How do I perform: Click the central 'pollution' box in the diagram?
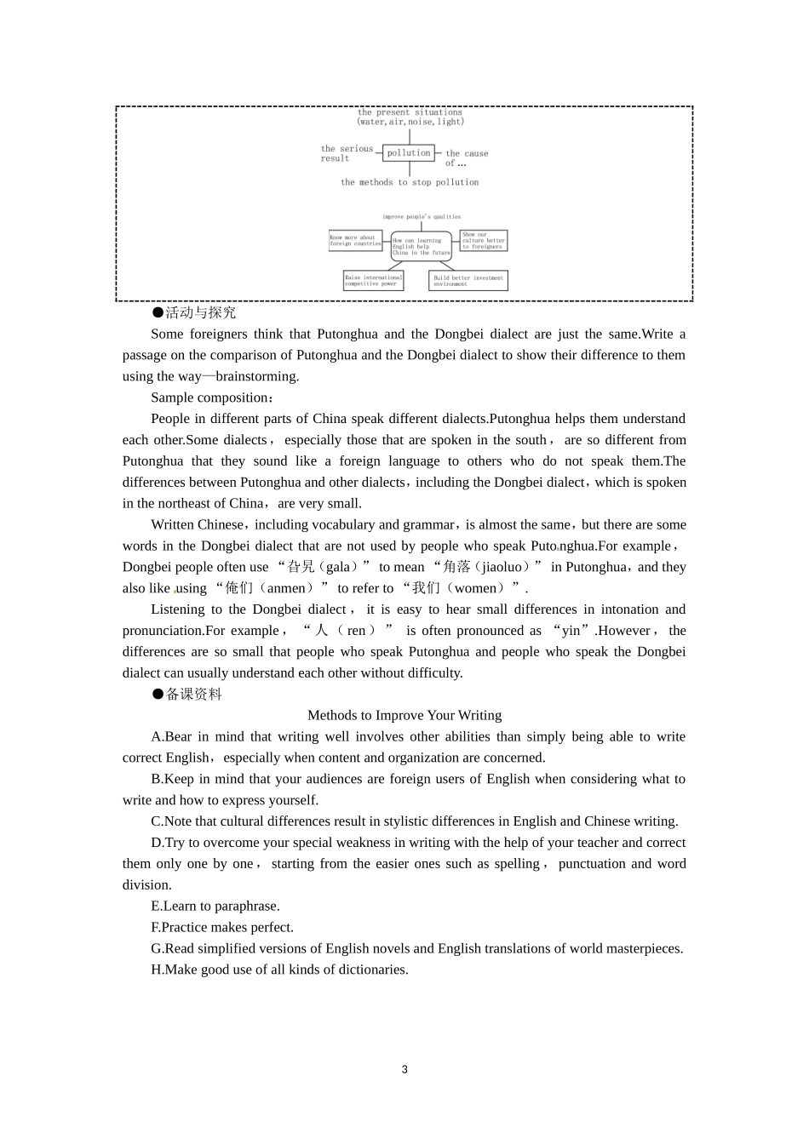pos(409,153)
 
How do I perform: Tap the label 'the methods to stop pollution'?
pos(410,182)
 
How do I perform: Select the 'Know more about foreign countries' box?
pos(355,241)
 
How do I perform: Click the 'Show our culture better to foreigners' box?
pos(483,240)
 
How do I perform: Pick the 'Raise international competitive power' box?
pos(373,280)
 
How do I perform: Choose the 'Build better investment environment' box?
pos(468,280)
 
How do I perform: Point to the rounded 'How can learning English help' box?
pos(421,246)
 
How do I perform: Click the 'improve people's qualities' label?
pos(421,217)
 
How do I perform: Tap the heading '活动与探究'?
pos(200,313)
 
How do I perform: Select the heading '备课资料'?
pos(193,695)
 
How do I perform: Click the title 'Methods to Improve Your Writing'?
pos(404,716)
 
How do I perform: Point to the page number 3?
pos(404,1070)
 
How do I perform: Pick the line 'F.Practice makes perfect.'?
pos(222,928)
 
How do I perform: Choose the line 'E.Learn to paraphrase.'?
pos(215,907)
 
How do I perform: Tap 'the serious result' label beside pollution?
pos(346,153)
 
